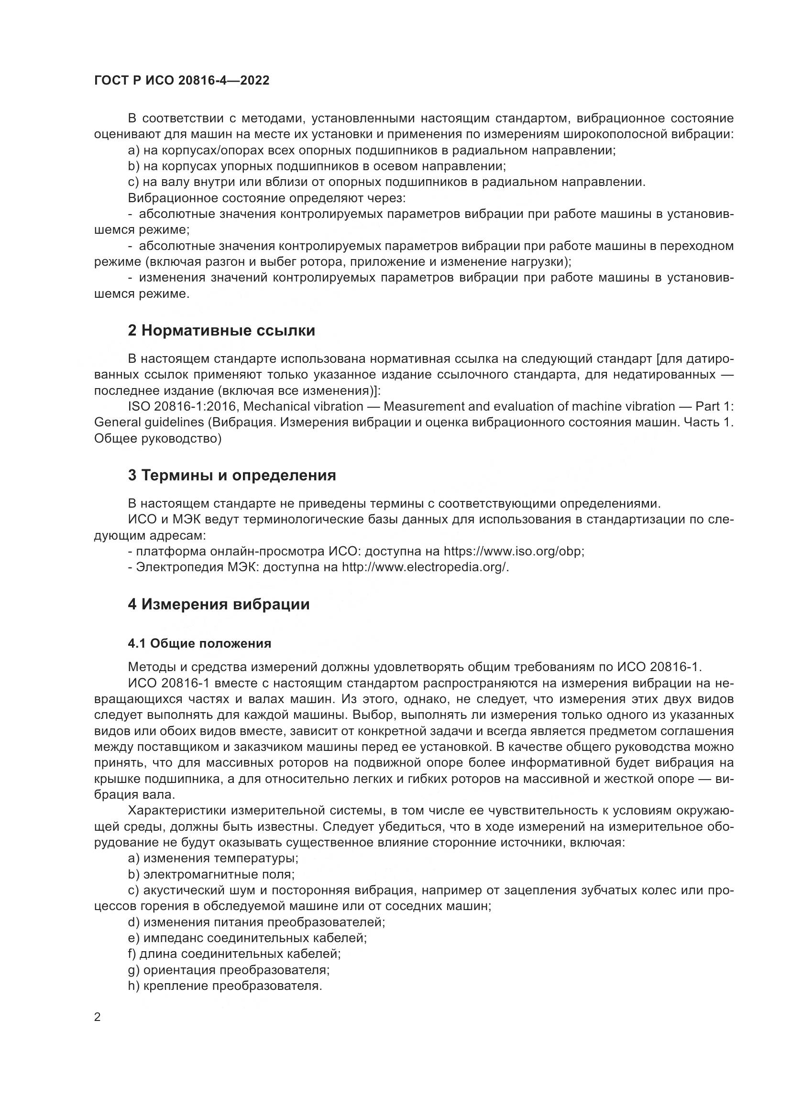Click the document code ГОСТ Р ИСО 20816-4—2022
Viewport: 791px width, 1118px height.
pyautogui.click(x=182, y=81)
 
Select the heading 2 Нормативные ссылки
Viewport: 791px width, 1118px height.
pyautogui.click(x=221, y=331)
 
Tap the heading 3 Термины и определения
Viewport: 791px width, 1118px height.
pyautogui.click(x=232, y=475)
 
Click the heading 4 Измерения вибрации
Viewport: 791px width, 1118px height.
pyautogui.click(x=219, y=604)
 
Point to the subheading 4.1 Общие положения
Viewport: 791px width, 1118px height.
pyautogui.click(x=199, y=643)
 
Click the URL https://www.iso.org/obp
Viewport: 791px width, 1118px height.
pyautogui.click(x=513, y=551)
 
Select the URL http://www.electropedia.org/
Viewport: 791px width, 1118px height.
pyautogui.click(x=425, y=567)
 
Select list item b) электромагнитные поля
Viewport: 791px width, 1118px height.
pyautogui.click(x=211, y=875)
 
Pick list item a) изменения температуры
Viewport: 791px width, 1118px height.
pyautogui.click(x=213, y=858)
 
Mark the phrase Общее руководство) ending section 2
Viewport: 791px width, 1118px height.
pyautogui.click(x=158, y=439)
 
